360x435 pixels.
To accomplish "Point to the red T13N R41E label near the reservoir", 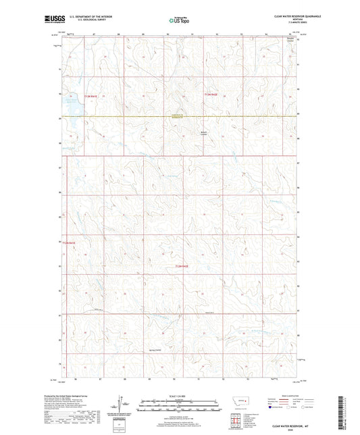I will pyautogui.click(x=91, y=97).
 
